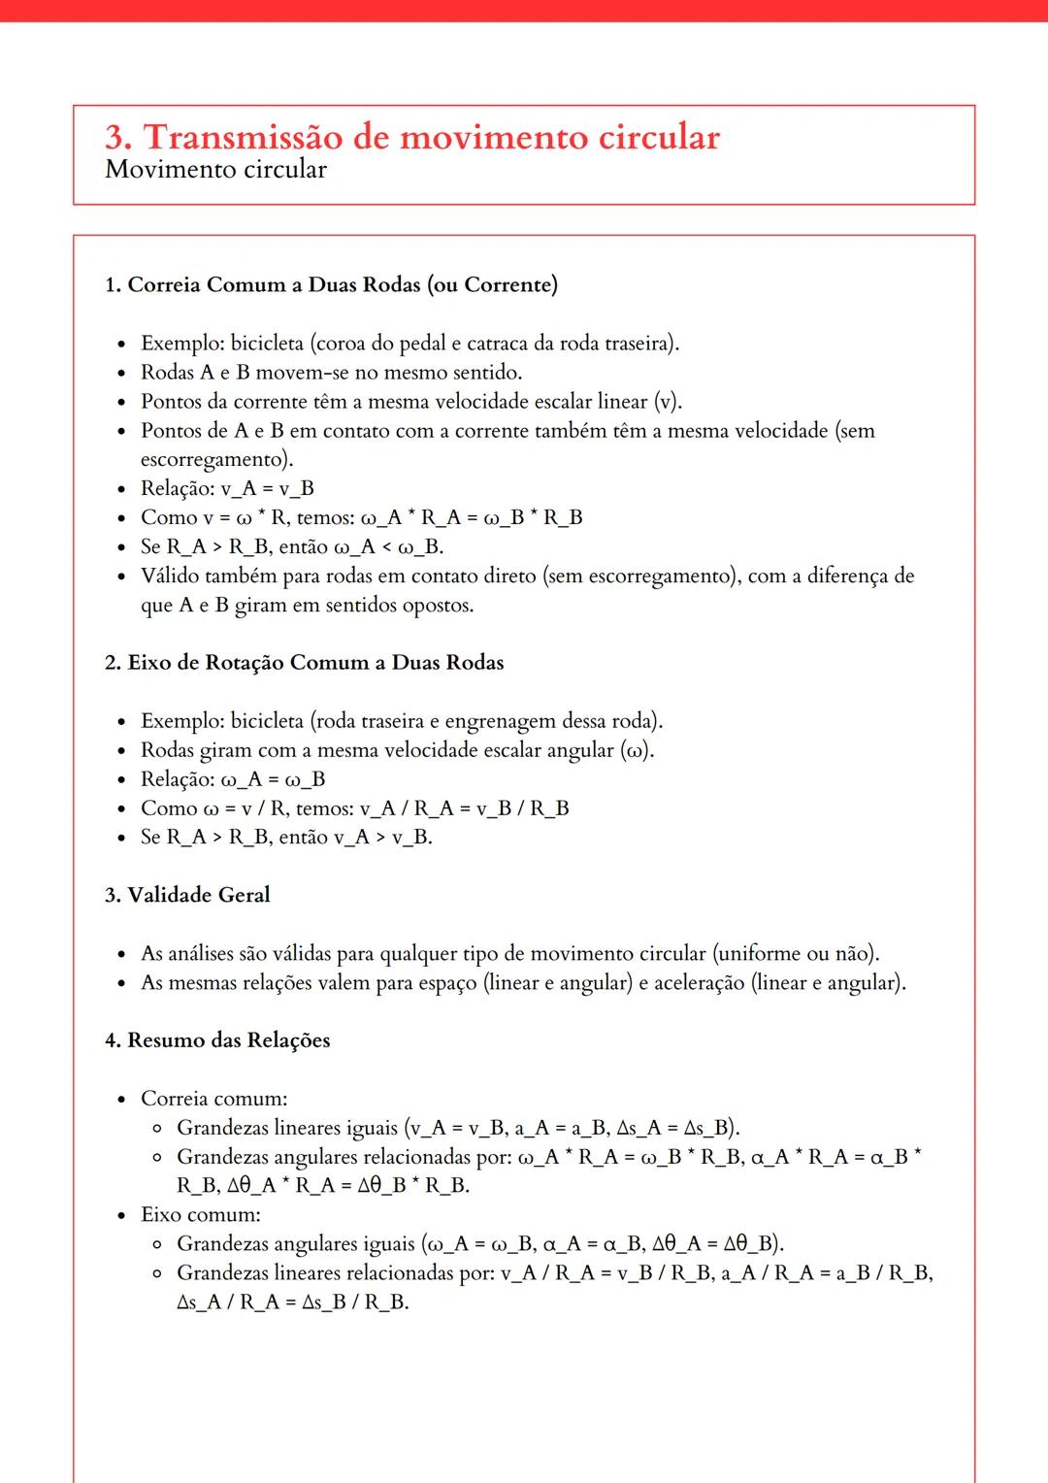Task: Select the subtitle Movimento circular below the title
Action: [215, 169]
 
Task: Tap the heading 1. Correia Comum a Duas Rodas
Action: [331, 284]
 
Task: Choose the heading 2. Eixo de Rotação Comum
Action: [304, 663]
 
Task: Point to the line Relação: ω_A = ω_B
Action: [233, 779]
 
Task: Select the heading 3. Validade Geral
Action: [187, 895]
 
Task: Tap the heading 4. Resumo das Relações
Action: [217, 1040]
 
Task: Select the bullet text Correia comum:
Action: [213, 1099]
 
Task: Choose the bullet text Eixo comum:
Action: [200, 1214]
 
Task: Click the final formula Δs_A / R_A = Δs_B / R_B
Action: [292, 1302]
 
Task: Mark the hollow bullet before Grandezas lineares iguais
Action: [156, 1129]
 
